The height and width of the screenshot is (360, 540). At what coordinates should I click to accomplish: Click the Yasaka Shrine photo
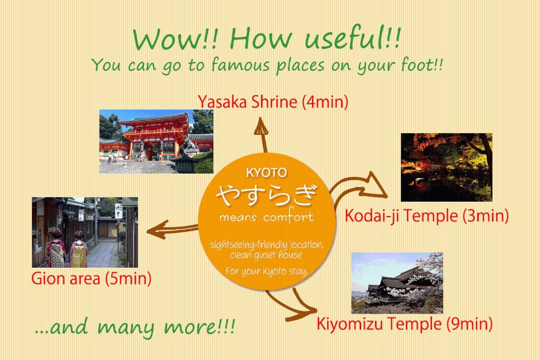(x=156, y=142)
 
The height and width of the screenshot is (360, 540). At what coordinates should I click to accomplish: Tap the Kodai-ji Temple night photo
(x=446, y=167)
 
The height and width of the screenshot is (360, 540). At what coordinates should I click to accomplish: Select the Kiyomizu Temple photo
(x=397, y=283)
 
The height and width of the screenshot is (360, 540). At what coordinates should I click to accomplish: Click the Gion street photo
(x=84, y=232)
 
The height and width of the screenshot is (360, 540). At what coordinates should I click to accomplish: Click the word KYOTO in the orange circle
(x=266, y=172)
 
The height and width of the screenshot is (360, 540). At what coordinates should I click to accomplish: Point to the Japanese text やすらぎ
(x=267, y=196)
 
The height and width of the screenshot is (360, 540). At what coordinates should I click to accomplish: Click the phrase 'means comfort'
(x=267, y=217)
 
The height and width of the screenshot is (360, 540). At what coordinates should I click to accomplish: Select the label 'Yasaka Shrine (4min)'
(x=273, y=102)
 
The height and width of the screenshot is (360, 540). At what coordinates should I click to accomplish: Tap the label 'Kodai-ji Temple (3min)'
(x=426, y=216)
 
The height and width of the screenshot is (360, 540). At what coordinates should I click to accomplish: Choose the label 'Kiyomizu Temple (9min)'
(x=404, y=323)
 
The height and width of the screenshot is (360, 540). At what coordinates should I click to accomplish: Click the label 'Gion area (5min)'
(x=91, y=278)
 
